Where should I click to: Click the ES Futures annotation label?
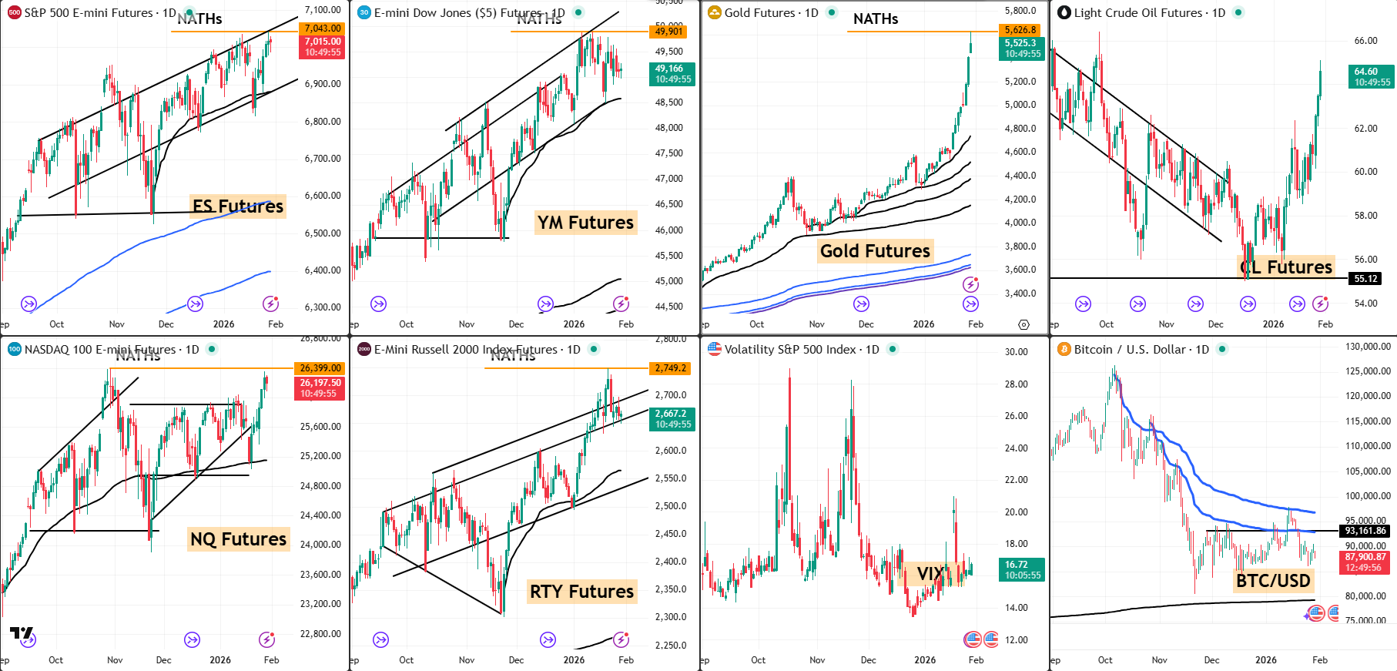(238, 206)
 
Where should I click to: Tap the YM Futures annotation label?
(585, 223)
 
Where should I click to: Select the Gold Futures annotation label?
(875, 251)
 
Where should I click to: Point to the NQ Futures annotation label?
(238, 539)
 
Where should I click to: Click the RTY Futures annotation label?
(581, 592)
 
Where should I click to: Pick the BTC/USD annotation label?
(1273, 580)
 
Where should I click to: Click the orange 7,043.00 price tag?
(322, 29)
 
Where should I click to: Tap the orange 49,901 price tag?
(669, 32)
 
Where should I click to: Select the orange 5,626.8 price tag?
(1020, 30)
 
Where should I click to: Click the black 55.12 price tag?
(1365, 279)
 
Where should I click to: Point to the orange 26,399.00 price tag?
(320, 368)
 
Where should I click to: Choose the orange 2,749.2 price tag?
(670, 368)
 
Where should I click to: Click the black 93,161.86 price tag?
(1365, 531)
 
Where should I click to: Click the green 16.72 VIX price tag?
(1022, 570)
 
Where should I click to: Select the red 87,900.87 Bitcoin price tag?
(1365, 562)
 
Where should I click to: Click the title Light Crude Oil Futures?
(1138, 12)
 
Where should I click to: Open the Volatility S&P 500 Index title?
(792, 350)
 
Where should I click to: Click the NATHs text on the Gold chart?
(876, 19)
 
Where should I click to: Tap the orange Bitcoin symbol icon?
(1064, 350)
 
